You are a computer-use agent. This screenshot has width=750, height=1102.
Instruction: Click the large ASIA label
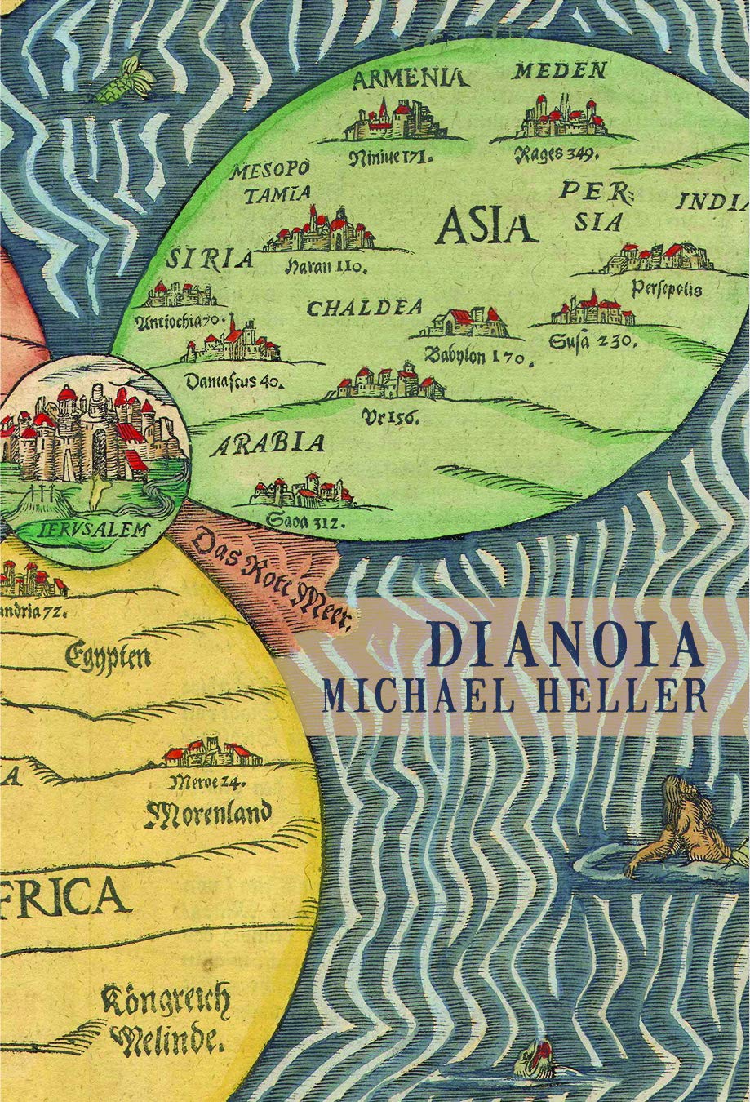pos(486,227)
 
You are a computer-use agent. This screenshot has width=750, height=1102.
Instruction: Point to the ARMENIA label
pos(410,78)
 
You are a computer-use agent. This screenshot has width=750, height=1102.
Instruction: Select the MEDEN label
pos(559,71)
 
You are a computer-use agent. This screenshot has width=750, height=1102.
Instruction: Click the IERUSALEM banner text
pos(94,528)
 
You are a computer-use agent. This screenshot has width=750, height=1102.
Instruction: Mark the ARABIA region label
pos(268,445)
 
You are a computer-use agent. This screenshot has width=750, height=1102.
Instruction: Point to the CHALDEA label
pos(365,309)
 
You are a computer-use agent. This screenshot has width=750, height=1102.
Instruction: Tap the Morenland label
pos(207,813)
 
